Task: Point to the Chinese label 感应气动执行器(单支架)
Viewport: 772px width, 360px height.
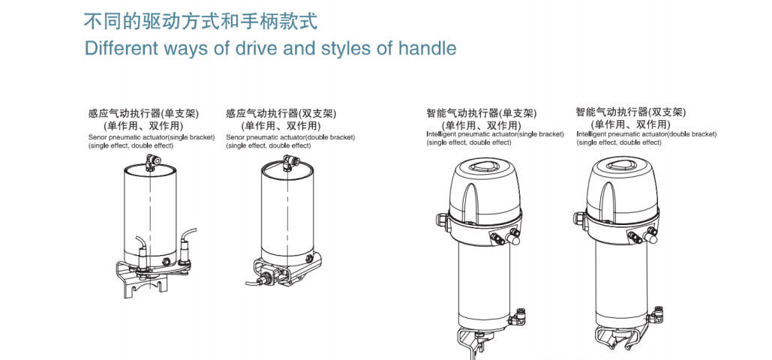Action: tap(143, 114)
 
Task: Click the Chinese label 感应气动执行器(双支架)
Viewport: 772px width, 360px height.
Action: tap(281, 114)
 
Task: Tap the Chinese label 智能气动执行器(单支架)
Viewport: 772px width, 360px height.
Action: tap(481, 114)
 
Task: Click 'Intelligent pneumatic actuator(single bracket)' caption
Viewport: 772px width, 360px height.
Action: tap(494, 134)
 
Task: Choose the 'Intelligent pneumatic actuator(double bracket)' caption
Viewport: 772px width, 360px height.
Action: tap(646, 134)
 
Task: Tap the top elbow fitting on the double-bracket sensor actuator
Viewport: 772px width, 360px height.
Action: tap(287, 160)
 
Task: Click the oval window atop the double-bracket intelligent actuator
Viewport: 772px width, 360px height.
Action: tap(620, 169)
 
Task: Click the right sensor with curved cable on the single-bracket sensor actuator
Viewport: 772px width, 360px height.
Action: tap(185, 251)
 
